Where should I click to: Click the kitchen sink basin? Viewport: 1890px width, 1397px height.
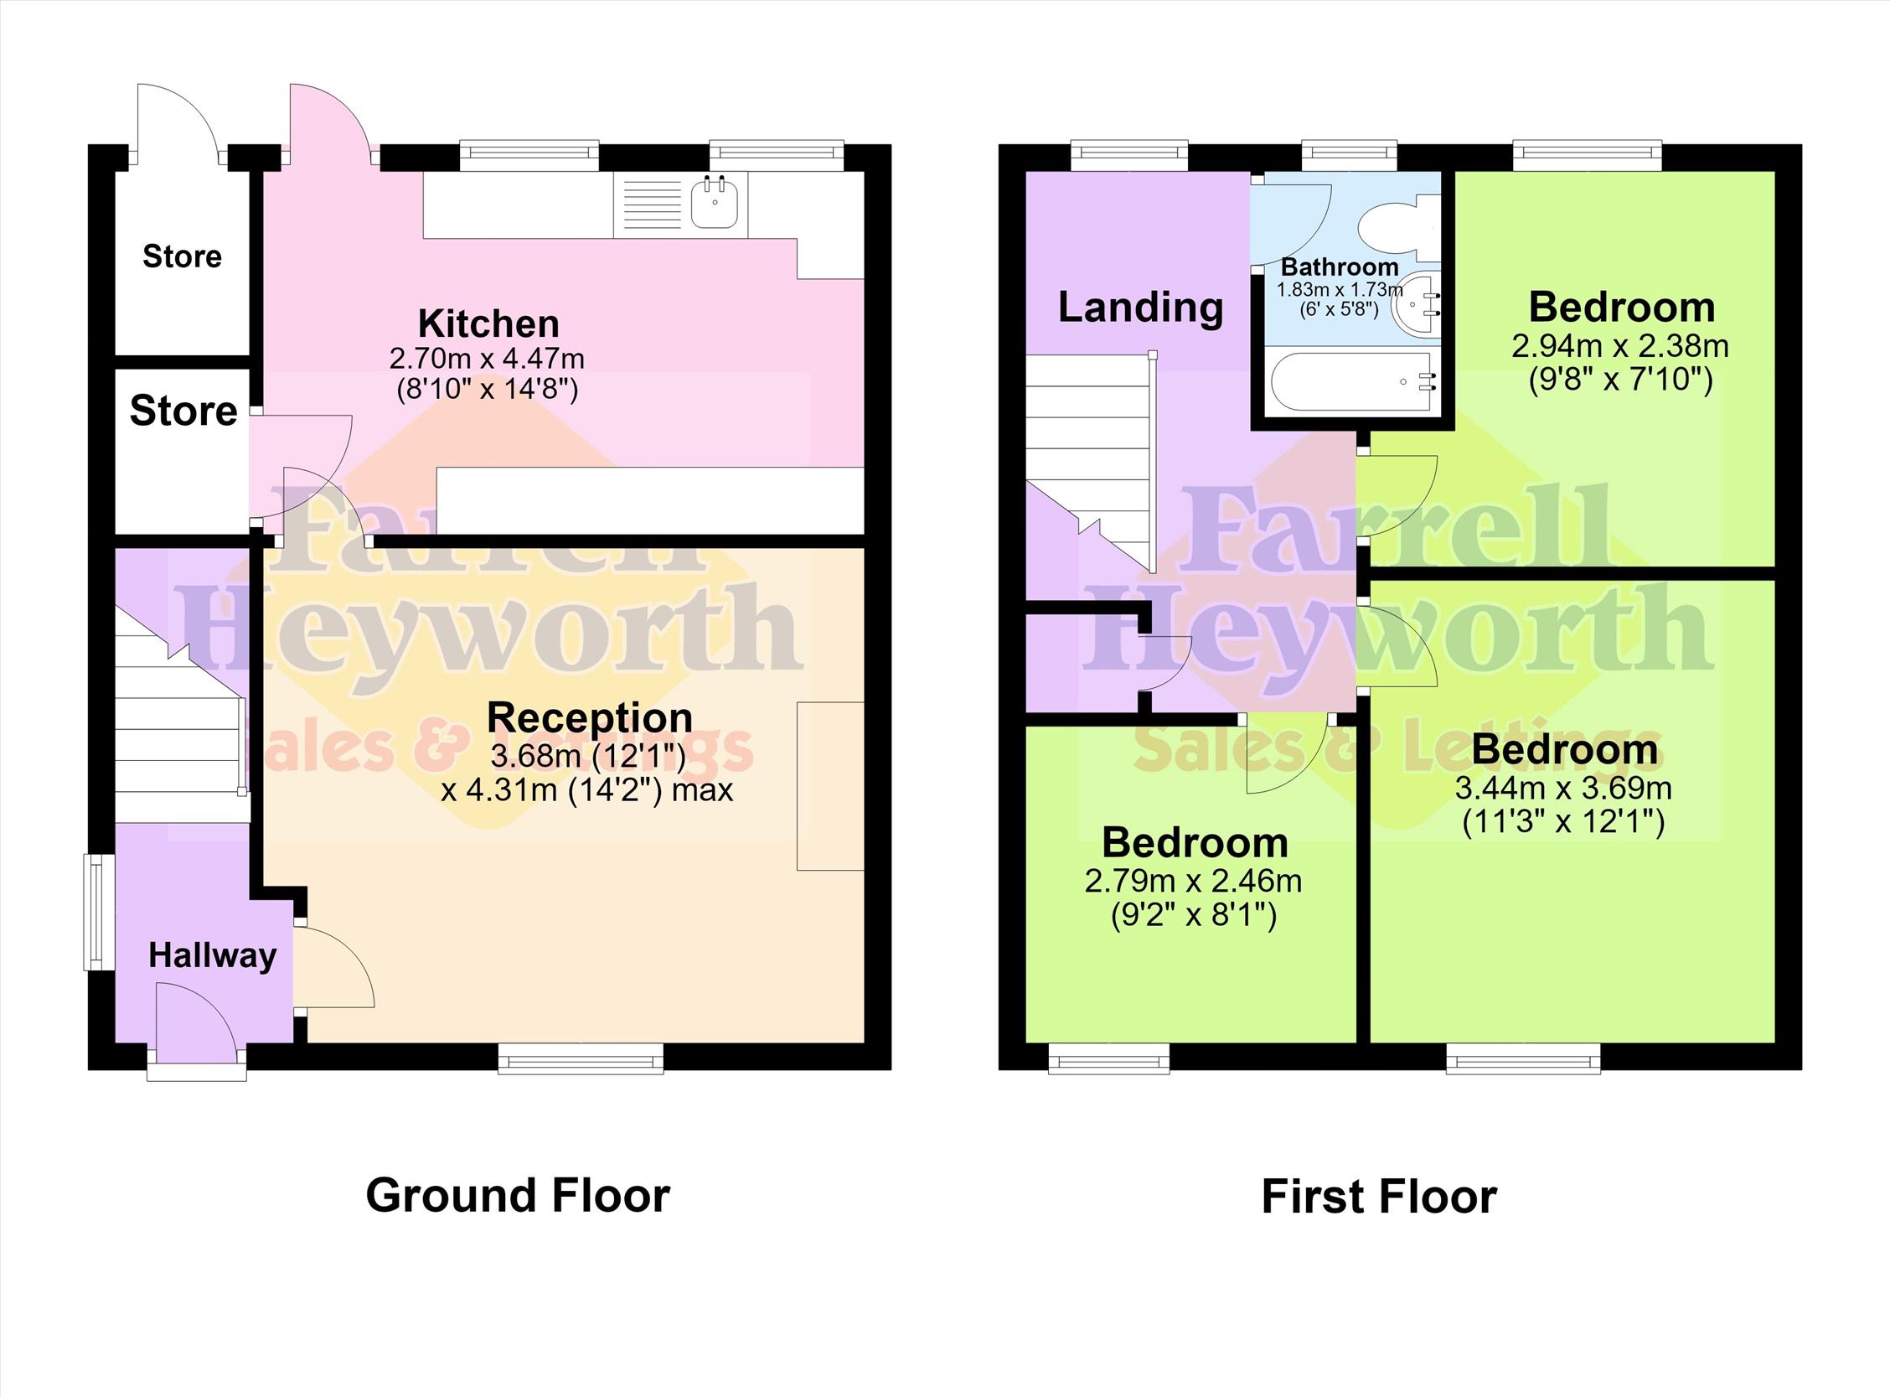click(x=715, y=204)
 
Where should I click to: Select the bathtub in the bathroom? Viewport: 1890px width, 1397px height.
click(x=1354, y=381)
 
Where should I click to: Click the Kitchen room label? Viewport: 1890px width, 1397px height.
click(x=488, y=323)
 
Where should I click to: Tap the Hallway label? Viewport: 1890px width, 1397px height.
click(x=212, y=955)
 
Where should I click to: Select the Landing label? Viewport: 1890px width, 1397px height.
click(x=1140, y=307)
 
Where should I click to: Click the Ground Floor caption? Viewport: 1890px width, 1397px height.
click(x=517, y=1197)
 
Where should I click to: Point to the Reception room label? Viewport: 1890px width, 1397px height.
click(x=589, y=718)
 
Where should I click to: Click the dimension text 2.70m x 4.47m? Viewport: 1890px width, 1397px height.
click(x=487, y=359)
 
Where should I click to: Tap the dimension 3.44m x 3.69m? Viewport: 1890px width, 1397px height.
click(x=1563, y=789)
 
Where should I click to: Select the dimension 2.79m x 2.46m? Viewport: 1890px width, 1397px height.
click(x=1193, y=882)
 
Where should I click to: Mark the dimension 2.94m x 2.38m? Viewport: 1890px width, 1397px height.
click(x=1619, y=346)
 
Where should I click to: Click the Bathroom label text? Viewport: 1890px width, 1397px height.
click(x=1340, y=267)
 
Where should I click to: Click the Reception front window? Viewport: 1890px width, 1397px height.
click(x=581, y=1058)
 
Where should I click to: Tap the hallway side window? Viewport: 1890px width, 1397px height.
click(x=99, y=913)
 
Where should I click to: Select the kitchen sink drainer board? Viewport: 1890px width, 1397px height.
click(x=652, y=204)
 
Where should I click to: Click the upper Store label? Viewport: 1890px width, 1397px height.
click(x=182, y=256)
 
